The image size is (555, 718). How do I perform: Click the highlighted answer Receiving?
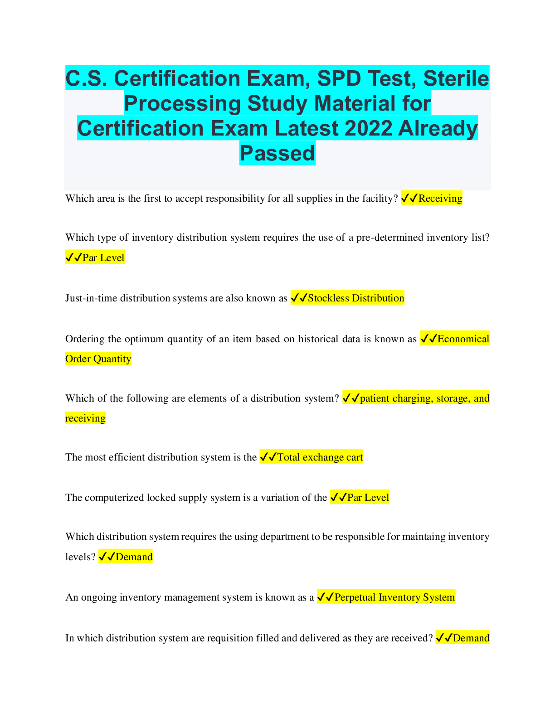[x=440, y=198]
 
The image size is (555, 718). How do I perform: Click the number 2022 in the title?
[x=368, y=128]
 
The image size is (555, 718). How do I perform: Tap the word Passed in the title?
[x=277, y=153]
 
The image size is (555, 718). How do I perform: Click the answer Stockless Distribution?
[x=355, y=298]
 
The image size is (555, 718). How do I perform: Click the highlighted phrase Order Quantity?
[x=98, y=359]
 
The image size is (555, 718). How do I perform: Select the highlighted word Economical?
[x=463, y=339]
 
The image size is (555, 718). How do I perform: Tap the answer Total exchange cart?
[x=320, y=457]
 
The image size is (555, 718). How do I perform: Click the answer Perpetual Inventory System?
[x=394, y=597]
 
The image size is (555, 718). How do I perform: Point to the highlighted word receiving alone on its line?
[x=85, y=418]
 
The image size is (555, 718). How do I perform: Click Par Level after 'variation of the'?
[x=368, y=497]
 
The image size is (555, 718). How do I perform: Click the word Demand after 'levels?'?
[x=134, y=557]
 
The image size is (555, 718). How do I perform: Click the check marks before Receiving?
[x=409, y=198]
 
